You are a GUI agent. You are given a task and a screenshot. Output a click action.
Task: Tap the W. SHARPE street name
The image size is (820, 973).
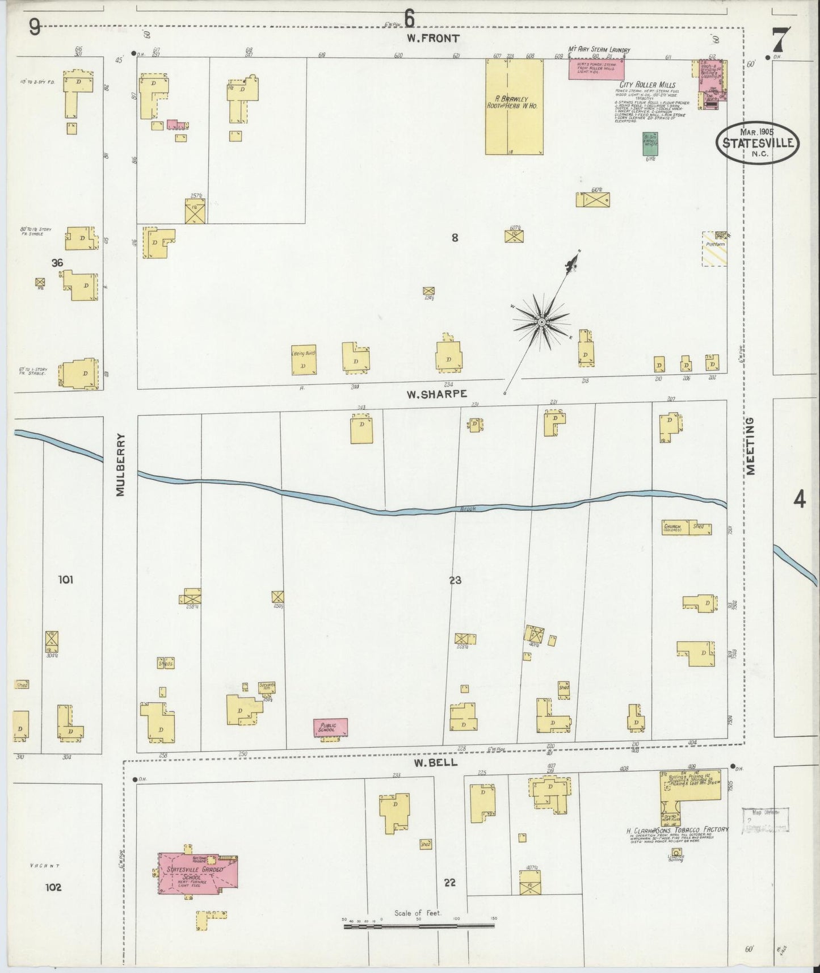436,394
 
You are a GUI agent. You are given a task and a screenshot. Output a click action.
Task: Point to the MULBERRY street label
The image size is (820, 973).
120,465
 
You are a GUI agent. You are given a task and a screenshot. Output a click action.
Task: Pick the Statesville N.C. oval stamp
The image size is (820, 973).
758,142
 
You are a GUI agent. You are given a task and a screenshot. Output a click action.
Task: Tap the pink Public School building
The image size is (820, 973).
330,727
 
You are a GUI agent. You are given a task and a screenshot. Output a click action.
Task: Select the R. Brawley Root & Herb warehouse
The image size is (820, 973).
514,106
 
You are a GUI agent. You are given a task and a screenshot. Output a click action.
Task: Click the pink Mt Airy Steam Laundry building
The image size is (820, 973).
596,69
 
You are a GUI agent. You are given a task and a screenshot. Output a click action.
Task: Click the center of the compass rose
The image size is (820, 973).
541,322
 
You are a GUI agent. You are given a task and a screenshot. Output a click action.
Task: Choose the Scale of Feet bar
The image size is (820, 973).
418,926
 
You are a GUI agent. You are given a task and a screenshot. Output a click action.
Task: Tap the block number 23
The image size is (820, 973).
455,580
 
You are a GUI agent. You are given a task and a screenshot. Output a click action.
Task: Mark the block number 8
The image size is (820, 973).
455,238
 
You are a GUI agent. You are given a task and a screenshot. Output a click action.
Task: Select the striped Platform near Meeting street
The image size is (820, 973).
714,250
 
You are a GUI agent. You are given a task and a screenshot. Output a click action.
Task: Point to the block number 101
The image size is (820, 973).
66,580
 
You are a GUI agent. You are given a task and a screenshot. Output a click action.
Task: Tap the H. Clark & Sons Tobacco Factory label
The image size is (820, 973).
676,831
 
